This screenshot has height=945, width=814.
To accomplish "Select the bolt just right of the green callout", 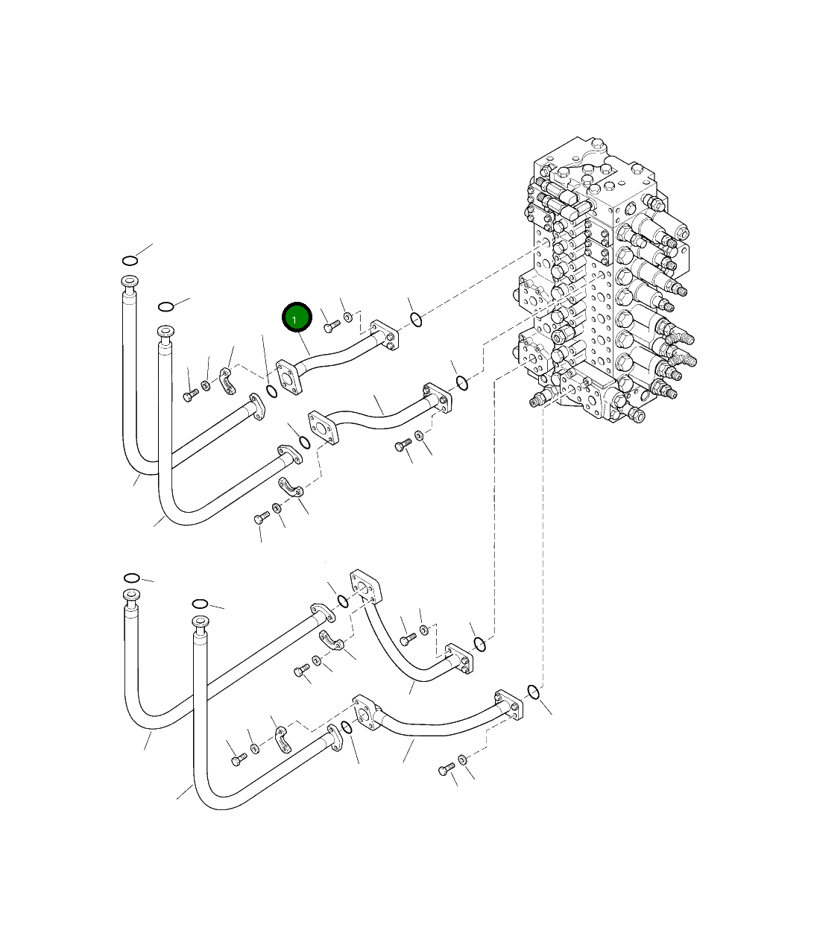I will click(x=332, y=326).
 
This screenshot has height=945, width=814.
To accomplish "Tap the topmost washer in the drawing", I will click(x=348, y=318).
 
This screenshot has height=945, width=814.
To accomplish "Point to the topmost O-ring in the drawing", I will click(x=130, y=260).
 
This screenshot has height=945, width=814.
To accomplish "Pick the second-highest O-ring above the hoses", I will click(x=166, y=306).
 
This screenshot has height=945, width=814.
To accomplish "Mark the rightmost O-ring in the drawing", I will click(x=534, y=692).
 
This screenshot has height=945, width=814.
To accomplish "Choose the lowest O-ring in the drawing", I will click(x=346, y=727).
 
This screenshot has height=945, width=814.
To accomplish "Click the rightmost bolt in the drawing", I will click(x=447, y=769).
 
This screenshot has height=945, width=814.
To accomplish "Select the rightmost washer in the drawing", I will click(x=462, y=759).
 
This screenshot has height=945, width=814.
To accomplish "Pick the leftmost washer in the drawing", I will click(x=206, y=385).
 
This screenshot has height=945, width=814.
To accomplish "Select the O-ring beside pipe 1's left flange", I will click(x=272, y=389).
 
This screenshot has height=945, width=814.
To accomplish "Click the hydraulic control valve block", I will click(x=604, y=283).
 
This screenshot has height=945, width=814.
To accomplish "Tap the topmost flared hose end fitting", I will click(x=129, y=282).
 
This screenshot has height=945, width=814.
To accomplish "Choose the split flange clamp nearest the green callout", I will click(x=227, y=379).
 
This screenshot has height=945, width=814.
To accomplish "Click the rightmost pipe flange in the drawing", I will click(x=508, y=704).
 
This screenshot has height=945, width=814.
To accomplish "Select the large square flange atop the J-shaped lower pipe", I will click(x=365, y=587).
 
